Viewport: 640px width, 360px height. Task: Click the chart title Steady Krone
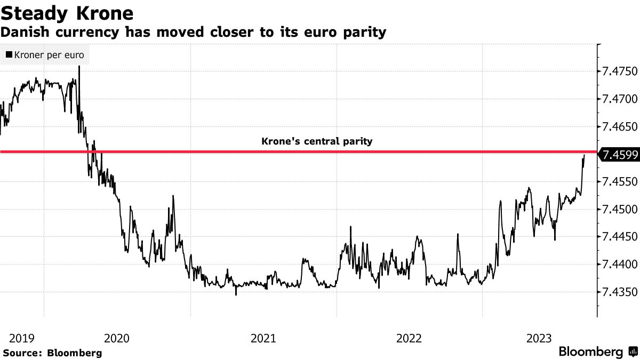coord(67,13)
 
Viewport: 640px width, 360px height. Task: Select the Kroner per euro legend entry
coord(45,55)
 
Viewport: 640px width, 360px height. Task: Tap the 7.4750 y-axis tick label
coord(619,71)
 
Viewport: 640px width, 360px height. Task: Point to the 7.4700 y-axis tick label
coord(619,99)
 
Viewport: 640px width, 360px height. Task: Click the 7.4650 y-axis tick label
coord(619,127)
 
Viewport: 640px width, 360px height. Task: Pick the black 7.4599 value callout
coord(619,155)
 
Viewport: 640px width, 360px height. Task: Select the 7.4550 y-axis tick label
coord(619,182)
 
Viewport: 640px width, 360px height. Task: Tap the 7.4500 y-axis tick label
coord(619,210)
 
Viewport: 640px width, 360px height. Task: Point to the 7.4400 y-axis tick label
coord(619,265)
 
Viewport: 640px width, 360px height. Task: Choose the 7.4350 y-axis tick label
coord(619,292)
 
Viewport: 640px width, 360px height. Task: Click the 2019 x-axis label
coord(22,338)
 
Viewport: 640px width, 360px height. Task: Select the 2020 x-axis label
coord(117,338)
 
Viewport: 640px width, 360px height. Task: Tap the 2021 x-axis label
coord(263,338)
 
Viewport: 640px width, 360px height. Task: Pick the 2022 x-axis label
coord(409,338)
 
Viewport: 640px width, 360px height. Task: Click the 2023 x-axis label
coord(539,338)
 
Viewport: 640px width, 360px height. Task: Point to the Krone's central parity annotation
coord(317,142)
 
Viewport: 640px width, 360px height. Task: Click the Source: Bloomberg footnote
coord(52,353)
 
